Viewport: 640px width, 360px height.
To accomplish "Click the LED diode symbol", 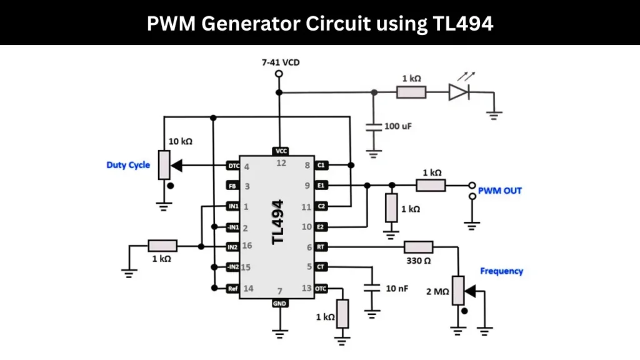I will (x=458, y=92).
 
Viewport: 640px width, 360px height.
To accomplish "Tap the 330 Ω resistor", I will (x=419, y=247).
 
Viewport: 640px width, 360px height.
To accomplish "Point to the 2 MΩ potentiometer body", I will (x=458, y=289).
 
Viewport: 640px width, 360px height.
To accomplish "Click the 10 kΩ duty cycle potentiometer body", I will (x=164, y=165).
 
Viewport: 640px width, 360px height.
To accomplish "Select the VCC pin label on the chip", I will (x=279, y=151).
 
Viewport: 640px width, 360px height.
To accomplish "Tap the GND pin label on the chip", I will (x=279, y=304).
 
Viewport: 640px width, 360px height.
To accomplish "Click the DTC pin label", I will (x=232, y=166).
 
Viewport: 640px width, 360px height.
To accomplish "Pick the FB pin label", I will (x=232, y=186).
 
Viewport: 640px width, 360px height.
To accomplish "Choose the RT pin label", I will (x=321, y=247).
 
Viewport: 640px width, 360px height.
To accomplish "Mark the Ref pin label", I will (x=232, y=288).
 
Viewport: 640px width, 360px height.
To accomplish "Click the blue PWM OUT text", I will (x=499, y=191).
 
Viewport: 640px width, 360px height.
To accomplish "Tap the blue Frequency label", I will (x=501, y=271).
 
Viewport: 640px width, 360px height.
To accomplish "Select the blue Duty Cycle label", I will (x=128, y=165).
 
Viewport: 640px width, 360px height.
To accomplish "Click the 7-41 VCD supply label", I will (x=279, y=62).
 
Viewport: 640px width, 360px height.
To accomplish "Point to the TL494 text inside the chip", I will (x=279, y=222).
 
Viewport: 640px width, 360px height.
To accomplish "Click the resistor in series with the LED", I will (x=411, y=92).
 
